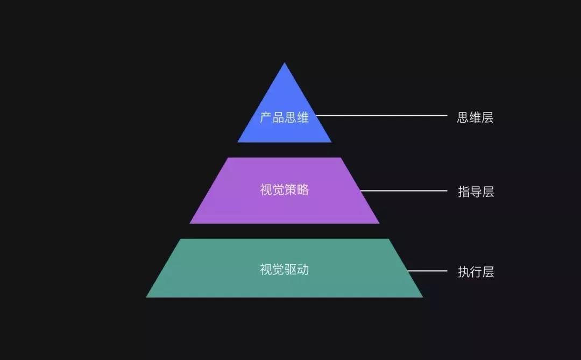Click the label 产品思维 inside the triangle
pyautogui.click(x=284, y=117)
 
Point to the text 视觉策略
pyautogui.click(x=284, y=190)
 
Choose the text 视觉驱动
pyautogui.click(x=284, y=269)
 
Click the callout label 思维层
pyautogui.click(x=475, y=118)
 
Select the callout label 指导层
pyautogui.click(x=476, y=192)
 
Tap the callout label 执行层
pyautogui.click(x=476, y=272)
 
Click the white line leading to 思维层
pyautogui.click(x=382, y=115)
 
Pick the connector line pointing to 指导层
pyautogui.click(x=403, y=190)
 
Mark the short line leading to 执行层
pyautogui.click(x=428, y=271)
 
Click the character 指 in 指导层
pyautogui.click(x=464, y=192)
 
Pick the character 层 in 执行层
pyautogui.click(x=488, y=272)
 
